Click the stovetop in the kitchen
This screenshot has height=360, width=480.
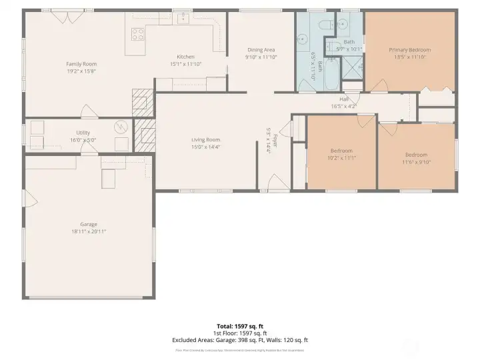click(138, 35)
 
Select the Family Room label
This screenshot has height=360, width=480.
click(81, 63)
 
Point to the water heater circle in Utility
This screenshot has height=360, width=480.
click(121, 126)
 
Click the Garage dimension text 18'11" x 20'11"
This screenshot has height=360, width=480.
click(89, 231)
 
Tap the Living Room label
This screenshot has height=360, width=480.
click(205, 139)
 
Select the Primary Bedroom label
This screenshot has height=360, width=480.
click(409, 50)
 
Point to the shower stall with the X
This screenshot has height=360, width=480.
click(352, 67)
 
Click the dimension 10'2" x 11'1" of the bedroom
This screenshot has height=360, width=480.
click(342, 158)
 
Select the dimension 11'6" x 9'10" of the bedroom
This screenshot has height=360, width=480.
click(417, 161)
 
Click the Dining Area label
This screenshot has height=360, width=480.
click(260, 50)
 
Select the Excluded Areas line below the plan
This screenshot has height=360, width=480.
click(239, 340)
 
